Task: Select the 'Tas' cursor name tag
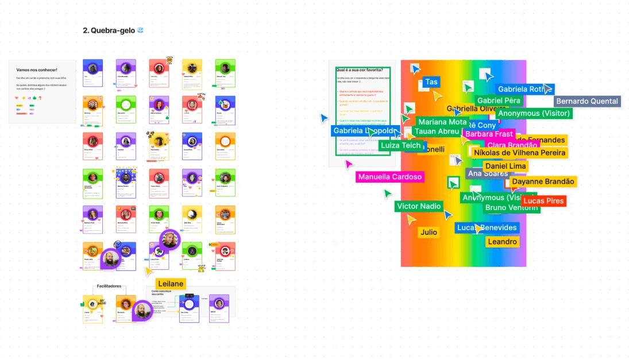431,82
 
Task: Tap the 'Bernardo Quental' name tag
588,102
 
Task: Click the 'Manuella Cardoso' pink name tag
390,177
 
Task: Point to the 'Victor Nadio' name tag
419,206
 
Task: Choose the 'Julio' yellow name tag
429,233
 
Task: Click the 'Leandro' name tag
502,242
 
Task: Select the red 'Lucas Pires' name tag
543,201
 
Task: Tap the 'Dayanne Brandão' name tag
543,181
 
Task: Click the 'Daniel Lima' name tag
505,166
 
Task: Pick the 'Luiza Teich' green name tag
401,145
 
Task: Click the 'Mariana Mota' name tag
442,122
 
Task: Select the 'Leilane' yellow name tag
171,284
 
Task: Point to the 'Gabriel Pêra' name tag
499,100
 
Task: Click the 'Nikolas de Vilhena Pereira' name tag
520,153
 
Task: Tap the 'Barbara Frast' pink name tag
489,134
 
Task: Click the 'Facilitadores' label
109,285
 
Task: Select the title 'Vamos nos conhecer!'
37,70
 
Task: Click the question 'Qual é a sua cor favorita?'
359,70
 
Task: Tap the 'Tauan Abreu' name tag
437,131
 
